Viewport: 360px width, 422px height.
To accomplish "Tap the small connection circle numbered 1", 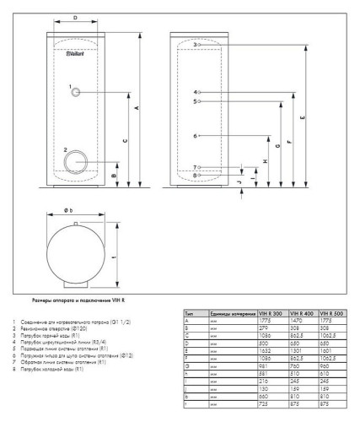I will (x=77, y=91).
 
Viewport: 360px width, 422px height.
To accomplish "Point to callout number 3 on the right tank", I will (x=194, y=44).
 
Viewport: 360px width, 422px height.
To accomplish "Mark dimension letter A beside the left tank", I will (x=138, y=110).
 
